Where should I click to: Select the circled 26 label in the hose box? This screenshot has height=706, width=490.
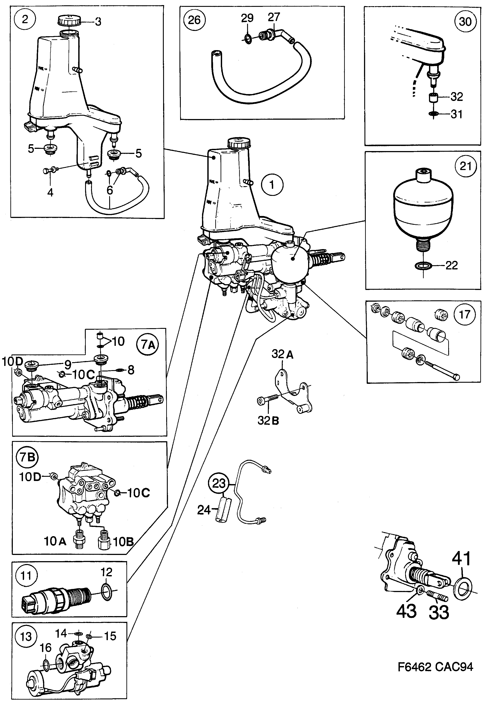point(194,20)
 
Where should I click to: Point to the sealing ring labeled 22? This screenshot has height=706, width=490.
point(424,265)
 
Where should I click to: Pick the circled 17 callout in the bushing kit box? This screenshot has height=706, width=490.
point(465,314)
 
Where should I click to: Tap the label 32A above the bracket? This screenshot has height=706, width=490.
point(282,354)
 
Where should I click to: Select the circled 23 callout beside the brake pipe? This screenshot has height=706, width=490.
point(219,484)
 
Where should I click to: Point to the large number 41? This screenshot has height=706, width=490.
point(461,559)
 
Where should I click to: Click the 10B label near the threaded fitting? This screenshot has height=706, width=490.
point(123,542)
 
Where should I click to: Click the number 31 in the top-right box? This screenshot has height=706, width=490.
point(457,114)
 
